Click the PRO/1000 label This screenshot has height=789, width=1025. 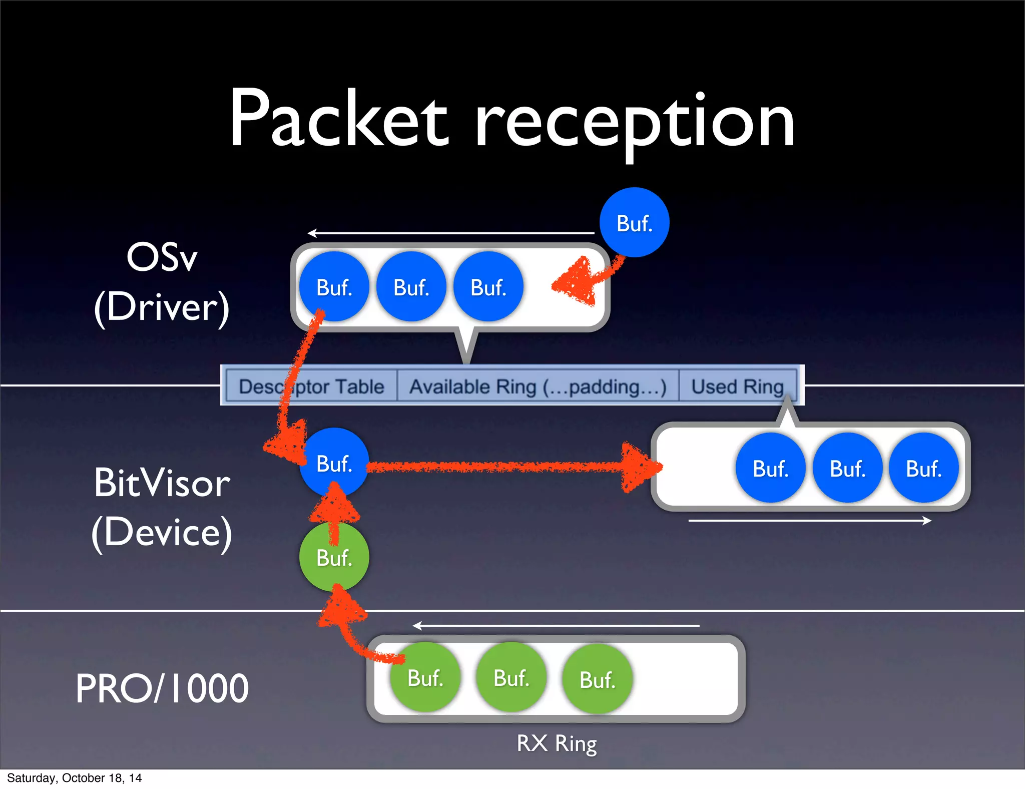pyautogui.click(x=162, y=688)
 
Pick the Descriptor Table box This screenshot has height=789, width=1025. pyautogui.click(x=311, y=386)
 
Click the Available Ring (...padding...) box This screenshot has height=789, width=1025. pyautogui.click(x=538, y=386)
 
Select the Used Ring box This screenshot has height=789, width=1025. pyautogui.click(x=737, y=386)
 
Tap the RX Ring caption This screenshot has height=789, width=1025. pyautogui.click(x=557, y=743)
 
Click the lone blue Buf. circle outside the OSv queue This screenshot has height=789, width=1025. pyautogui.click(x=634, y=222)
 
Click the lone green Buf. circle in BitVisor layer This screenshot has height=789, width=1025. pyautogui.click(x=334, y=557)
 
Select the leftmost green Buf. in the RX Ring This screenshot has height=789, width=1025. pyautogui.click(x=425, y=677)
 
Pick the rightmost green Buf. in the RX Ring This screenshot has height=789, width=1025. pyautogui.click(x=597, y=679)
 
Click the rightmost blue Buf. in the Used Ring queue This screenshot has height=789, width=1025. pyautogui.click(x=923, y=468)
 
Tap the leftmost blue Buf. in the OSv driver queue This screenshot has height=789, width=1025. pyautogui.click(x=334, y=286)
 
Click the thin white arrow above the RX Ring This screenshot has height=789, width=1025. pyautogui.click(x=556, y=625)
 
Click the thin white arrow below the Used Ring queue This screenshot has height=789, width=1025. pyautogui.click(x=809, y=521)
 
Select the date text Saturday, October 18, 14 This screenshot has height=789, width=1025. pyautogui.click(x=74, y=777)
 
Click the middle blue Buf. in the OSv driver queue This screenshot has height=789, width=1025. pyautogui.click(x=411, y=286)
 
